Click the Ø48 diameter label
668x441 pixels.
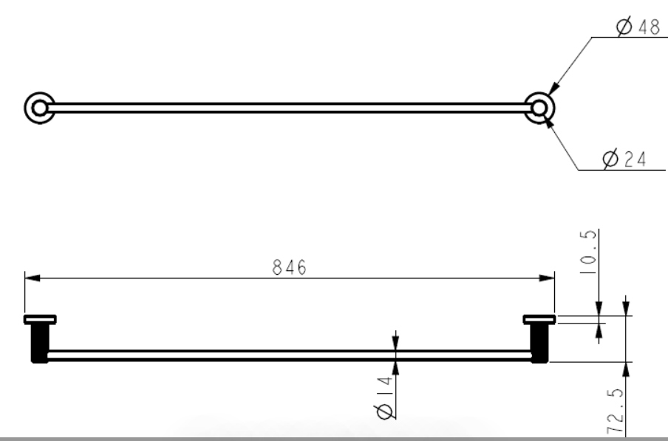(x=638, y=27)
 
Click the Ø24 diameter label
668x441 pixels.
(x=624, y=160)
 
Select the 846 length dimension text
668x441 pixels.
(x=289, y=267)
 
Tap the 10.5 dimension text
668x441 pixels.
(x=588, y=252)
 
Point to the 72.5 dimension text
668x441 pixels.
(x=615, y=411)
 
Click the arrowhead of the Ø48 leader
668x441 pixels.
(x=553, y=89)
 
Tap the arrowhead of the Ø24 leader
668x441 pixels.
(x=548, y=122)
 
